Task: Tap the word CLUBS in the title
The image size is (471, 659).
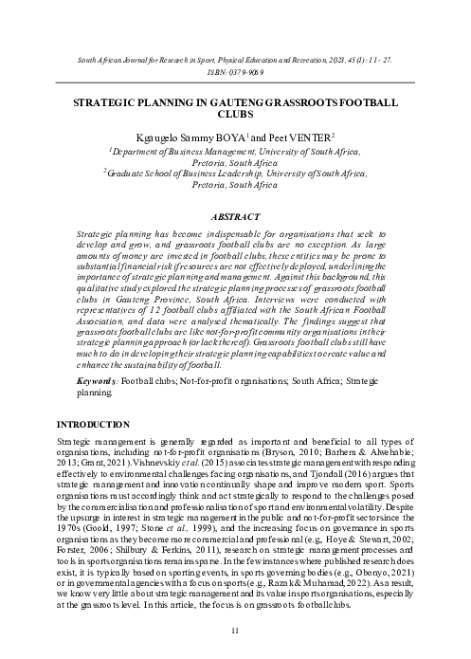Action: tap(235, 115)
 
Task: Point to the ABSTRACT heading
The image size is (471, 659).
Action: tap(235, 216)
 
